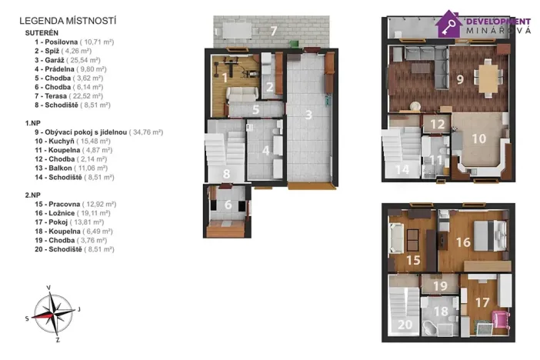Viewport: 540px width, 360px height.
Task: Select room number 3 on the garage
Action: click(x=308, y=116)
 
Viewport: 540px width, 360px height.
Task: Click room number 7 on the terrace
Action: click(x=273, y=32)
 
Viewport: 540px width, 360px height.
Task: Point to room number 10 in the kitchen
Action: click(x=478, y=139)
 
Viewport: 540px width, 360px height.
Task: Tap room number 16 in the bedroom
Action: click(x=463, y=241)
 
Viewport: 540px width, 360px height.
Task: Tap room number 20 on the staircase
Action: click(x=405, y=325)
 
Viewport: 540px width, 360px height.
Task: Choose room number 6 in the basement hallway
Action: click(x=228, y=205)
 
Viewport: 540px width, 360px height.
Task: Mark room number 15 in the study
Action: click(x=413, y=260)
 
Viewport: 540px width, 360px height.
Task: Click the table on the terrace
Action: click(x=236, y=31)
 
